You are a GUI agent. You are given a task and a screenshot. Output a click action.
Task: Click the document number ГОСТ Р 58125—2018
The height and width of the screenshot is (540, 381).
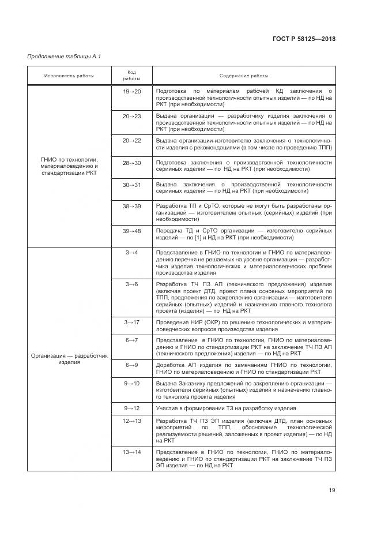tap(303, 39)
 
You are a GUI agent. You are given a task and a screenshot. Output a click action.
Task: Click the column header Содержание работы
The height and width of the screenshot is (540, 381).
tap(243, 76)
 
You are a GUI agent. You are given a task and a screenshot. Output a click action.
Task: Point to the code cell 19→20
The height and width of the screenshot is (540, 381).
tap(131, 91)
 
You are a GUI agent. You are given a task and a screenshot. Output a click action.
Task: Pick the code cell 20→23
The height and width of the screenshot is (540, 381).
tap(131, 116)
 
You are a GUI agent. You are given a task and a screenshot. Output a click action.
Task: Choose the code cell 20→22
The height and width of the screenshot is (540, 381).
tap(131, 140)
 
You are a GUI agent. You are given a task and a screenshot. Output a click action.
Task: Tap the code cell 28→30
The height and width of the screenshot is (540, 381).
tap(131, 163)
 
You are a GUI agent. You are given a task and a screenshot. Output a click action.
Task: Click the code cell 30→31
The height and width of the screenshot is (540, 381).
tap(131, 184)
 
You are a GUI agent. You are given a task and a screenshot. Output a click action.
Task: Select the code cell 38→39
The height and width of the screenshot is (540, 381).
tap(131, 205)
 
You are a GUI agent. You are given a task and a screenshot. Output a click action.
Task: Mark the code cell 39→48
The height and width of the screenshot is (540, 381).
tap(131, 230)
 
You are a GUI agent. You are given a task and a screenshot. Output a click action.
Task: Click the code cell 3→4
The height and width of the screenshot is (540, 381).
tap(131, 252)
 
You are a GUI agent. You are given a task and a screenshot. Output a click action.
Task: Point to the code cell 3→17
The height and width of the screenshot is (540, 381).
tap(131, 321)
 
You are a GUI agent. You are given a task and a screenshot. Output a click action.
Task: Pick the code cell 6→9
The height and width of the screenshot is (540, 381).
tap(131, 365)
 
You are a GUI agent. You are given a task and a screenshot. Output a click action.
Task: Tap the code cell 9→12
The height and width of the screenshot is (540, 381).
tap(131, 408)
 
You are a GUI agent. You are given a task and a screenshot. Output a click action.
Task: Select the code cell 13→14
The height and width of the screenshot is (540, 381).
tap(131, 451)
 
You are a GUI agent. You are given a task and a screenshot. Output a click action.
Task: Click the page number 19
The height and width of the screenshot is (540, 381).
tap(332, 490)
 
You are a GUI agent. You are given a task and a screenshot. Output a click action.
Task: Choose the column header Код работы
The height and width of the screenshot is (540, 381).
tap(131, 76)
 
